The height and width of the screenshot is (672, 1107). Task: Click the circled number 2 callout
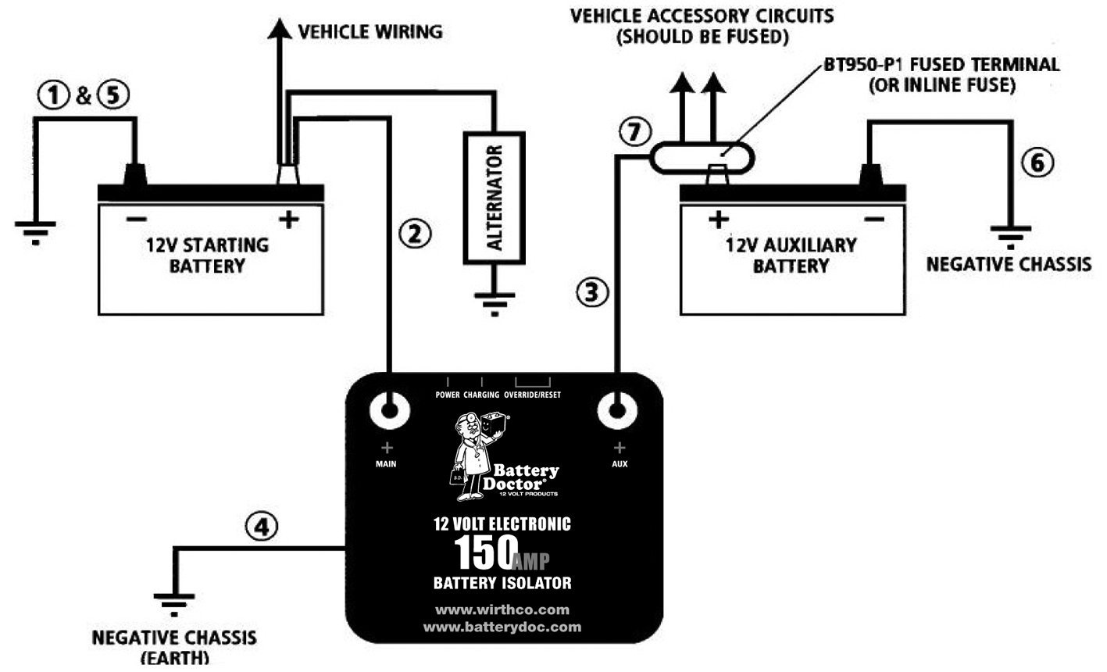[415, 232]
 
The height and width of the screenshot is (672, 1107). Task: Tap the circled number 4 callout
[261, 527]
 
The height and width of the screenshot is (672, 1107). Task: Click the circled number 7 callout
[634, 132]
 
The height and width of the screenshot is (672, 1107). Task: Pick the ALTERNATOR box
[494, 198]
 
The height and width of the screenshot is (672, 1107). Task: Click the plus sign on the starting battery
[289, 220]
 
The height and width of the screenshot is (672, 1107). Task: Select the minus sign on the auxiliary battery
[874, 220]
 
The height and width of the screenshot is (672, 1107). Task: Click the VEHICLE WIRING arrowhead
[278, 29]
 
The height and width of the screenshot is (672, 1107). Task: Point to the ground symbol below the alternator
[494, 302]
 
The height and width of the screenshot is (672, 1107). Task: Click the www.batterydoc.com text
[502, 627]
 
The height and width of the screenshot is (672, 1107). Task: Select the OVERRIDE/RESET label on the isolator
[532, 395]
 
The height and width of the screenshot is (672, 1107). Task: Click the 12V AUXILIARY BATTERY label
[791, 255]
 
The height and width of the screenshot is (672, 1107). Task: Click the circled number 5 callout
[113, 97]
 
